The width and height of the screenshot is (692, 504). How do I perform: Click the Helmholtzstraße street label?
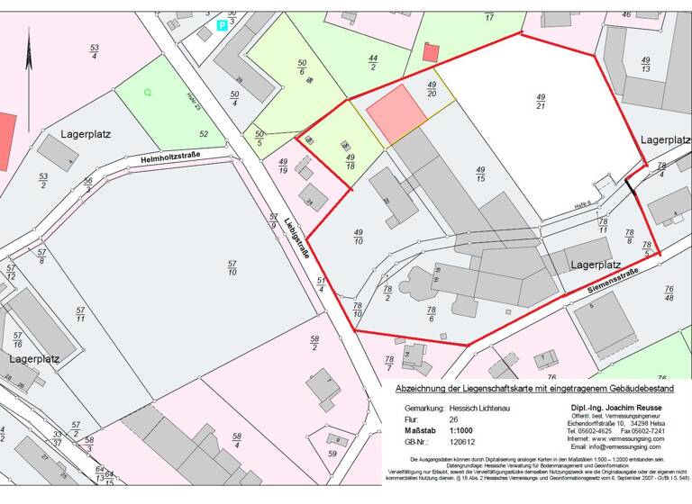coord(169,157)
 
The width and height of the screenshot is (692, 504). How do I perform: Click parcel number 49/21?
coord(541,102)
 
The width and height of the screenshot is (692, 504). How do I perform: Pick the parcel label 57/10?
coord(232,266)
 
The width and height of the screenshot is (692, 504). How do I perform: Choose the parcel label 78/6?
coord(432,315)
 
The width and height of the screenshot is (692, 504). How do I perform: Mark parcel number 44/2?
coord(373,61)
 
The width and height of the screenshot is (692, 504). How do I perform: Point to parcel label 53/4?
coord(94,51)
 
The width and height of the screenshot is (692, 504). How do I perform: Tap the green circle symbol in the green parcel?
coord(148,92)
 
